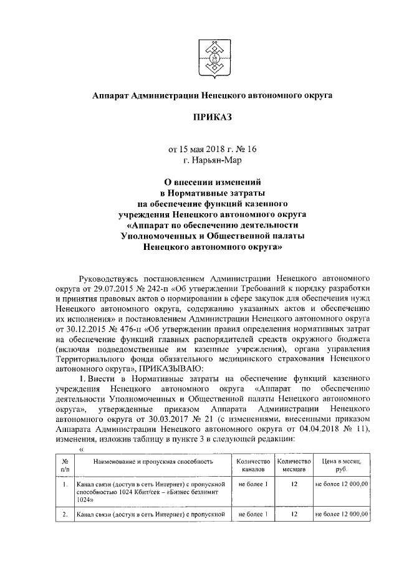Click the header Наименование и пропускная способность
[x=152, y=461]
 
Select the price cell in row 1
[x=341, y=483]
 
